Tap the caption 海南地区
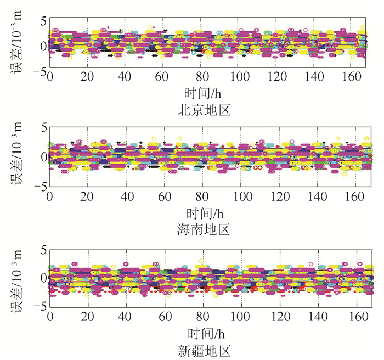pyautogui.click(x=204, y=228)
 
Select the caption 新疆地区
pyautogui.click(x=204, y=350)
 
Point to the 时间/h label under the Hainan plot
pyautogui.click(x=204, y=212)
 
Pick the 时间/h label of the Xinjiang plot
pyautogui.click(x=204, y=332)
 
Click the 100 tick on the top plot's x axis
pyautogui.click(x=240, y=77)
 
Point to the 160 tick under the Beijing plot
pyautogui.click(x=355, y=77)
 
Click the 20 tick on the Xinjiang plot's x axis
pyautogui.click(x=88, y=317)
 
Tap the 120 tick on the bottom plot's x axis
pyautogui.click(x=278, y=317)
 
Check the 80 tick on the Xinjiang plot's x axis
pyautogui.click(x=202, y=317)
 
